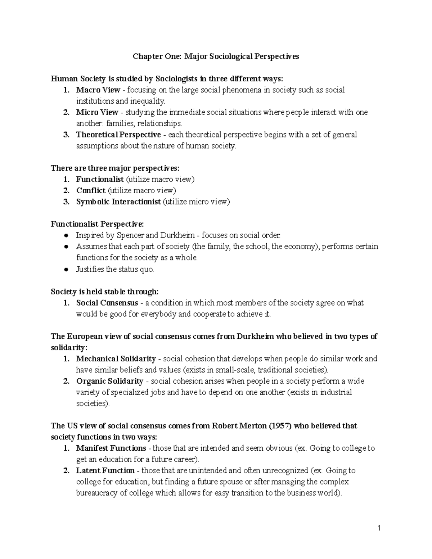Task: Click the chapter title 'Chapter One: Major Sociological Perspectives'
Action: [x=216, y=57]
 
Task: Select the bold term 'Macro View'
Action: [x=98, y=90]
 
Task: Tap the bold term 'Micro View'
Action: [x=97, y=112]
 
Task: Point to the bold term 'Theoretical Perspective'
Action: [x=118, y=135]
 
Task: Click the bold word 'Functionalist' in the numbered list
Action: [x=100, y=179]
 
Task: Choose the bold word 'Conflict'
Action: [x=91, y=190]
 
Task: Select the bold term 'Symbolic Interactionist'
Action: [x=118, y=202]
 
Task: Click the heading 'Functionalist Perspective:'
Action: [x=97, y=224]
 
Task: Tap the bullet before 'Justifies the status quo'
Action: [x=66, y=269]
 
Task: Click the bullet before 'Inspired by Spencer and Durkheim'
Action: [x=66, y=236]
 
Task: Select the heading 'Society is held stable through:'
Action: [x=104, y=292]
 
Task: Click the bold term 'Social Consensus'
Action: [x=107, y=303]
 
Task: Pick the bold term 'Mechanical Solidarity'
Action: [x=116, y=359]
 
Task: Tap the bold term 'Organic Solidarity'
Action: [x=109, y=381]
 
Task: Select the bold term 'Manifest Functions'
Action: [x=111, y=448]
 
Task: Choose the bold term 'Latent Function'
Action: [x=105, y=470]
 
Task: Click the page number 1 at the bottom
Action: [x=379, y=528]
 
